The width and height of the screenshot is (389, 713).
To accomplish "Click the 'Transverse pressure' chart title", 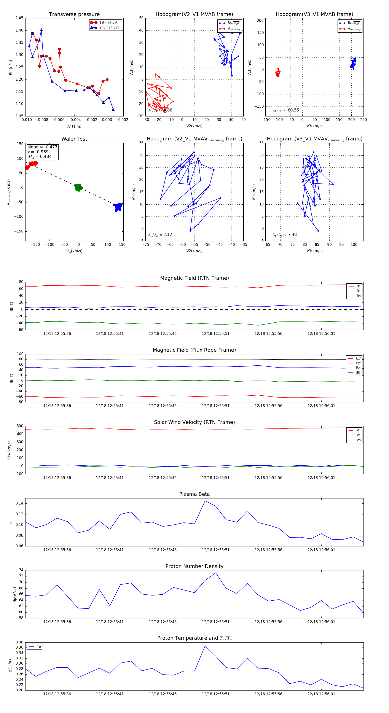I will pos(74,14).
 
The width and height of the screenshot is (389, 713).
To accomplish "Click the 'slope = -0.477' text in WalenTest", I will pos(42,147).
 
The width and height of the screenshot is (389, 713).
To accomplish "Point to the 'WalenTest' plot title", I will pos(74,139).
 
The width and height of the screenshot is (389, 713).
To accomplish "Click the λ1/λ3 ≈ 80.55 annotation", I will pos(286,110).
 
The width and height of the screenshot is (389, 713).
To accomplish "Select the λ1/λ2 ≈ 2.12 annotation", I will pos(160,235).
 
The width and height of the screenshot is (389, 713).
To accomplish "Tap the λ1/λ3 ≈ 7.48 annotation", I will pos(284,235).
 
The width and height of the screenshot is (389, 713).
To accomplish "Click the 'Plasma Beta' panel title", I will pos(194,494).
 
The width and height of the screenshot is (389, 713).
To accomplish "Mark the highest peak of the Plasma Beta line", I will pos(205,501).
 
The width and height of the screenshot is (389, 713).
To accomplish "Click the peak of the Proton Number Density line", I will pos(216,573).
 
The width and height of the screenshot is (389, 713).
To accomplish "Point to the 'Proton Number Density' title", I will pos(194,566).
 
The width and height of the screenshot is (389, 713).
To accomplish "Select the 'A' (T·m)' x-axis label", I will pos(74,126).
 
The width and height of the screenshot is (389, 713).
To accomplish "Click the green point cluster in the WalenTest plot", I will pos(78,187).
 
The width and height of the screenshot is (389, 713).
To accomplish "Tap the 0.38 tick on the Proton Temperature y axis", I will pos(19,642).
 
